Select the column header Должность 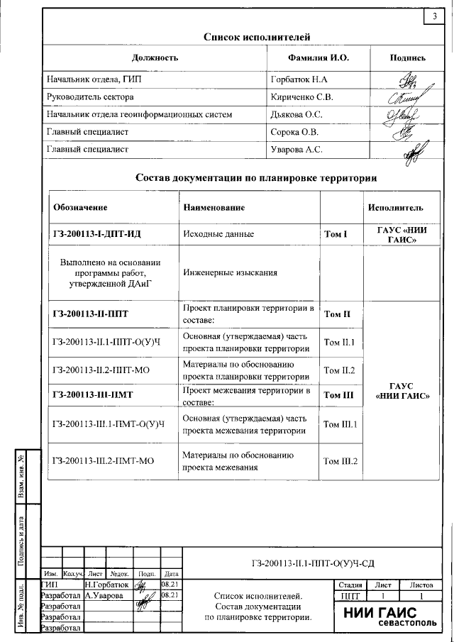(x=155, y=57)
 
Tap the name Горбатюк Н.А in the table (x=299, y=79)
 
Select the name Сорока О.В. (x=295, y=132)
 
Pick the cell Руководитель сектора (x=89, y=96)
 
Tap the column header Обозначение (x=80, y=208)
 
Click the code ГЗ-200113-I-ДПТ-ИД (x=104, y=233)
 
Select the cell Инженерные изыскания (x=230, y=272)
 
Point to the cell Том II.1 (x=339, y=343)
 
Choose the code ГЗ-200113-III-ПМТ (x=104, y=395)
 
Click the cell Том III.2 (x=340, y=460)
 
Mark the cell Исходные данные (x=218, y=233)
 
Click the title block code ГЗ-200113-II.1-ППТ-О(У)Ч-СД (x=312, y=564)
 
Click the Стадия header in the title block (x=345, y=585)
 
